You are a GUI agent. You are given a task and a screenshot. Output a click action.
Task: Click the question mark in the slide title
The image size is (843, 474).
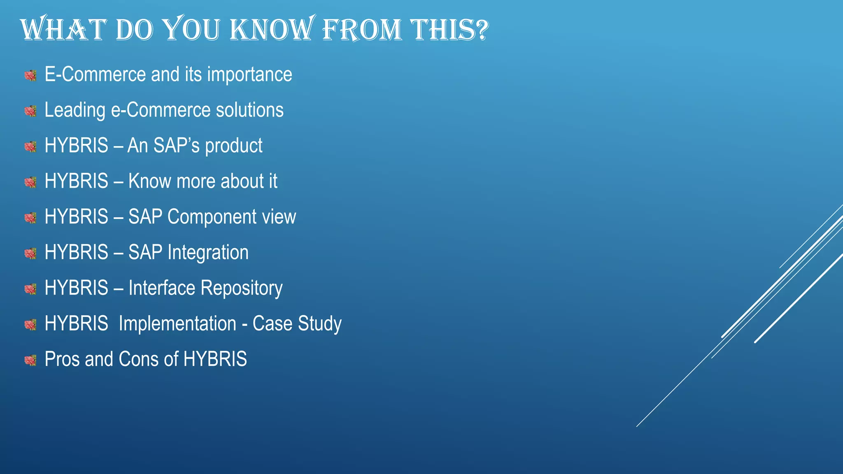479,30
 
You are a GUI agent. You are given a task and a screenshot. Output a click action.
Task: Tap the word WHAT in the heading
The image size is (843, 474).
63,30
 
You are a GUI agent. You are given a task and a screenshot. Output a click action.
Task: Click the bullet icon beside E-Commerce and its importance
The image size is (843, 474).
30,75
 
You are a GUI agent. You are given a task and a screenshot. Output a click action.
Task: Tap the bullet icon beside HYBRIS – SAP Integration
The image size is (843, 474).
30,253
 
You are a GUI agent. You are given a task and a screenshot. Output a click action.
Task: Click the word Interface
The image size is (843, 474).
162,288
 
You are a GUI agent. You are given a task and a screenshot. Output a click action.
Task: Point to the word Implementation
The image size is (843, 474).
177,323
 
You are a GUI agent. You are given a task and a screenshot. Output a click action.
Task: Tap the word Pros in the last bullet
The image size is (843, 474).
62,359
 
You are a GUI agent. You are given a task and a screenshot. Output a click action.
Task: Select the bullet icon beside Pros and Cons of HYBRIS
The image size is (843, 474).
30,360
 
